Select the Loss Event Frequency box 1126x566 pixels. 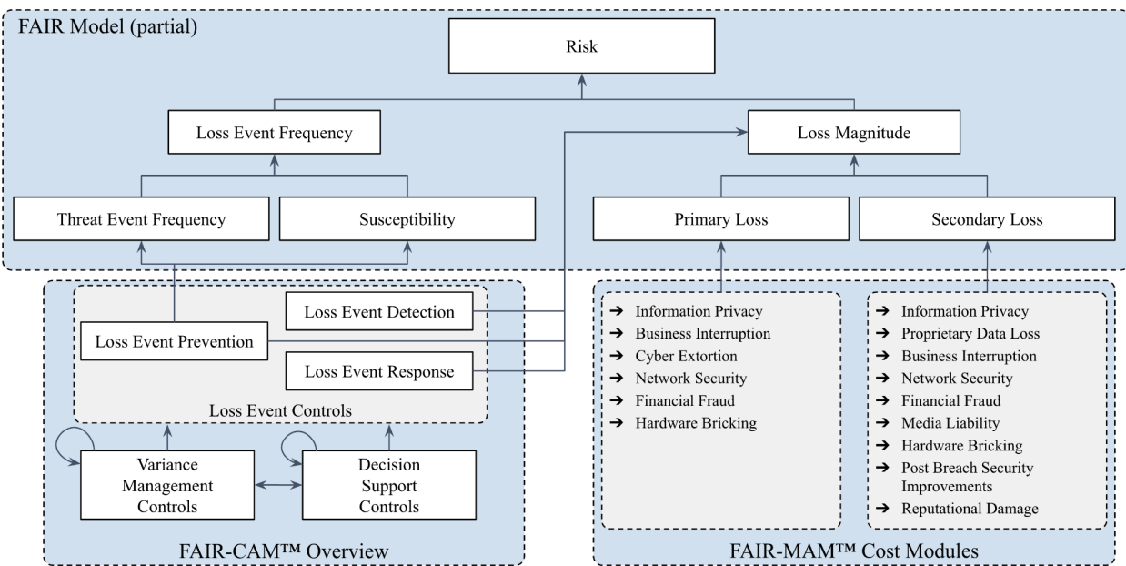click(275, 134)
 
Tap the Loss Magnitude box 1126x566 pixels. click(852, 134)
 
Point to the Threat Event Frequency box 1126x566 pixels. click(141, 219)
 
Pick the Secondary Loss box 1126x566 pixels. click(987, 219)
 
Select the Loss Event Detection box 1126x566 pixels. click(379, 312)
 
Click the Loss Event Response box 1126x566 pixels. click(379, 371)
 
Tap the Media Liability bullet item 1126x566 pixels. click(949, 422)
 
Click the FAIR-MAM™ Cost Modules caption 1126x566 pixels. click(855, 551)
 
